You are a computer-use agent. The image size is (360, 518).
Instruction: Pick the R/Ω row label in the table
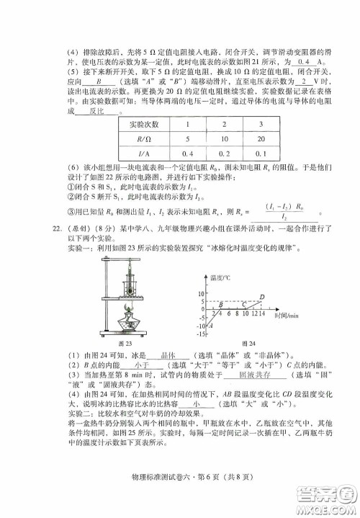click(x=148, y=138)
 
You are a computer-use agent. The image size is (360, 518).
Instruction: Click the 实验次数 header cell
click(x=148, y=124)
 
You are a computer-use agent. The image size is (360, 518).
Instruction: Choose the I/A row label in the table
click(x=148, y=153)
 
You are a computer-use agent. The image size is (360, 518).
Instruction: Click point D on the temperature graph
click(x=261, y=297)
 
